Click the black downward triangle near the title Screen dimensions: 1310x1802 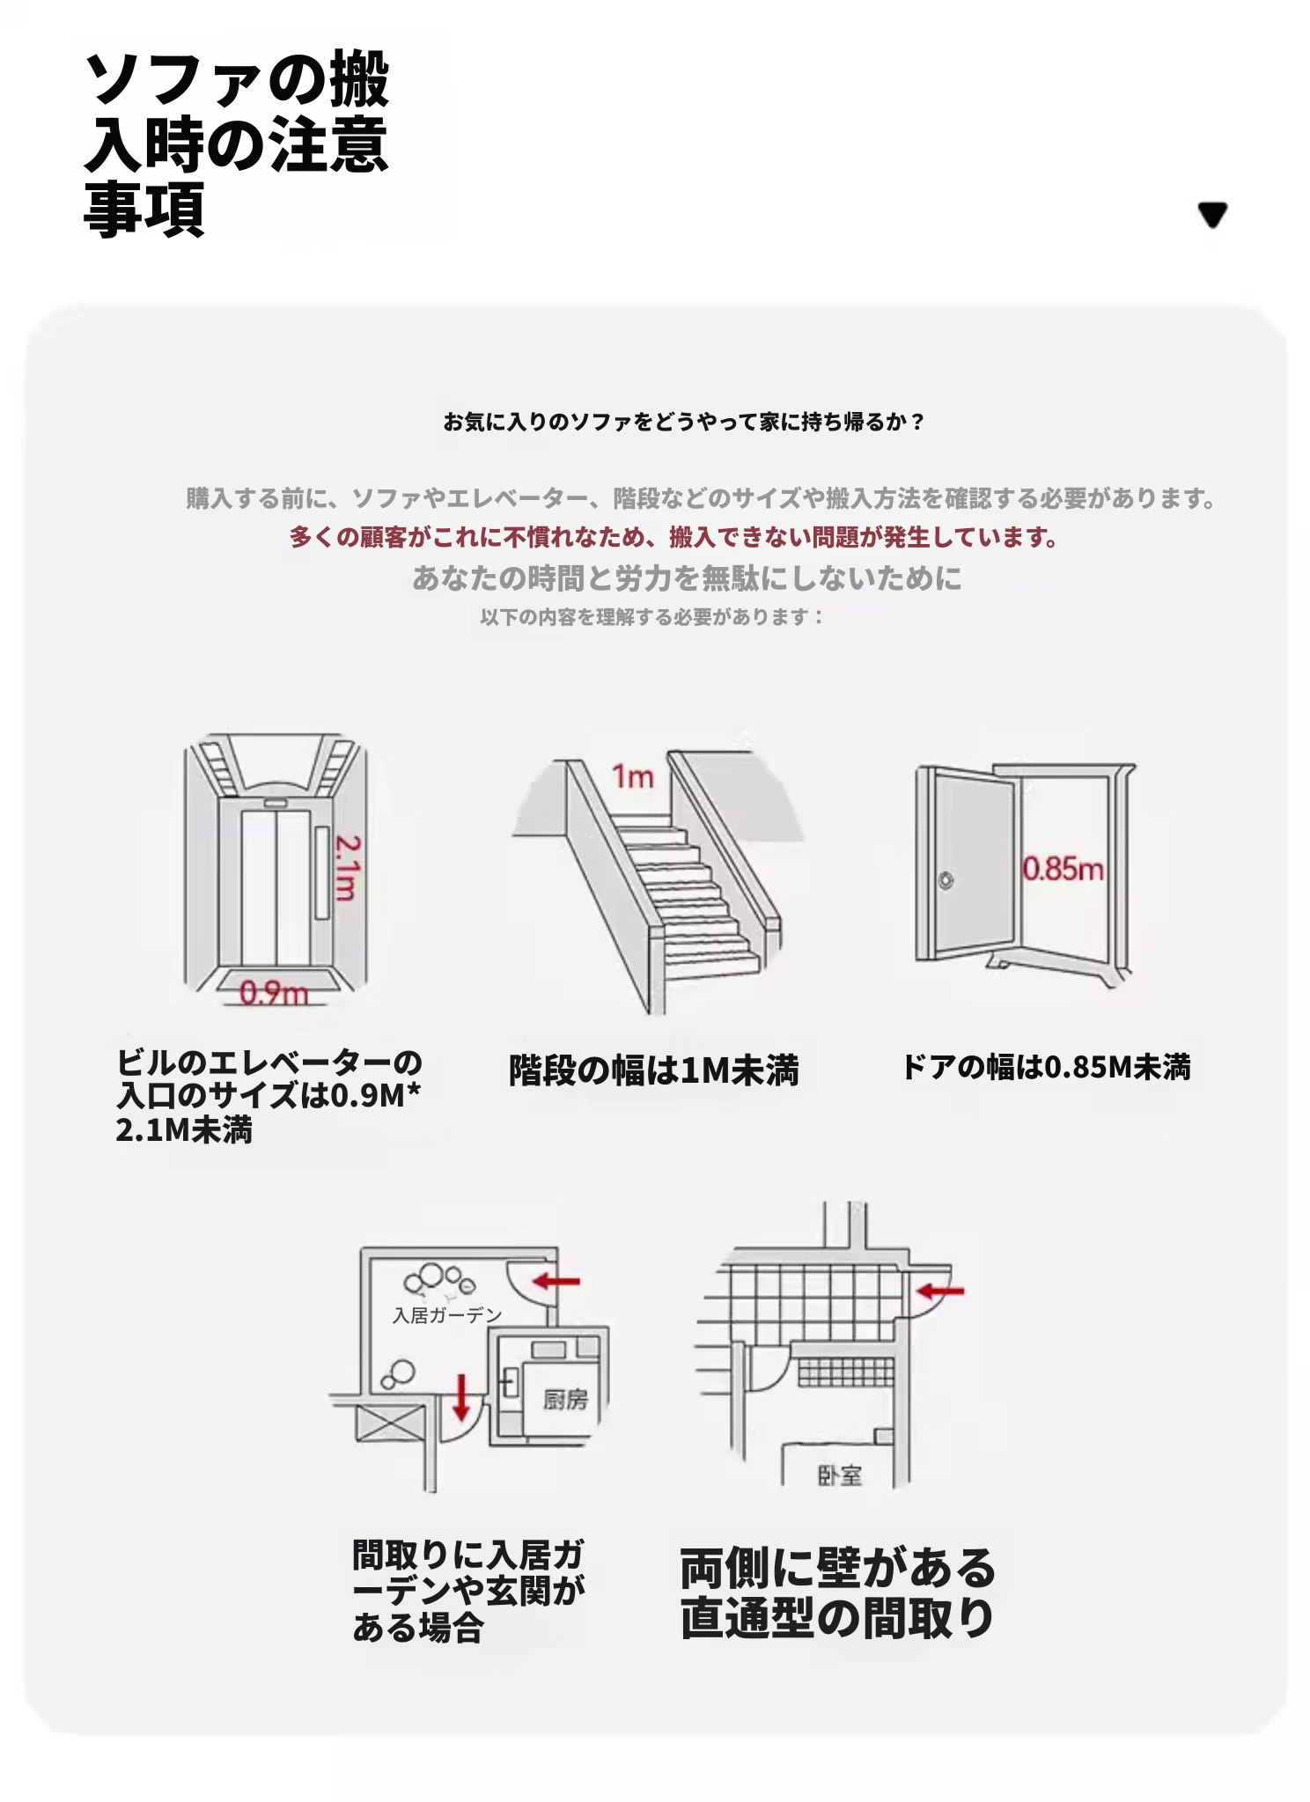(1212, 214)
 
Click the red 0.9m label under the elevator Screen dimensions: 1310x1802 (274, 993)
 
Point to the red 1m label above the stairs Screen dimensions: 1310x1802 (633, 776)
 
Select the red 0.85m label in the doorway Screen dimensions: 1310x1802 (1063, 869)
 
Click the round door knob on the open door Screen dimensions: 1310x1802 (946, 879)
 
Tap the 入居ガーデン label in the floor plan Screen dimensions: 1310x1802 (447, 1315)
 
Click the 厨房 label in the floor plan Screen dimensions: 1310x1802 (565, 1399)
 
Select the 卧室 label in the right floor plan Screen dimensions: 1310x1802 (840, 1475)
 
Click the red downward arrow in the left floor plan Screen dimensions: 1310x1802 (460, 1397)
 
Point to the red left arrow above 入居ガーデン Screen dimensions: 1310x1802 (556, 1281)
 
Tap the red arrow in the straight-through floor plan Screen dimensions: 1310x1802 (940, 1291)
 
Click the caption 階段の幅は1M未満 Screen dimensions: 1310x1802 (654, 1070)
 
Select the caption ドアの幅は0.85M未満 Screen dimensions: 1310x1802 (1046, 1067)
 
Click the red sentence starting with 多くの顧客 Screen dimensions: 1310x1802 (673, 536)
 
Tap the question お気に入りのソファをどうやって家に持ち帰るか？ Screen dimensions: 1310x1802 (684, 422)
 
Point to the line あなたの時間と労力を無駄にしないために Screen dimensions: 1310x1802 (687, 577)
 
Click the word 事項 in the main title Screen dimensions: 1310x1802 (144, 209)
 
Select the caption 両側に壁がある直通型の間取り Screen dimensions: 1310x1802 (837, 1592)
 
